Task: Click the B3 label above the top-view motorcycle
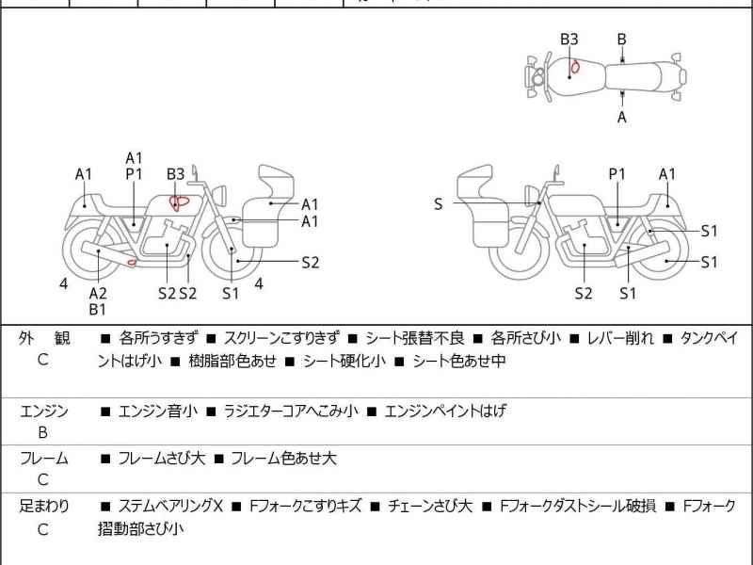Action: (569, 40)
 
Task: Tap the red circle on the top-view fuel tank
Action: (573, 67)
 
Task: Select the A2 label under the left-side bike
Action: (98, 293)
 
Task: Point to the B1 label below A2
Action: (98, 309)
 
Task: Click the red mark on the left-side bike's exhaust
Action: (132, 262)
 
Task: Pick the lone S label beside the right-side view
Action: (438, 203)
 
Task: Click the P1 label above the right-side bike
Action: (617, 174)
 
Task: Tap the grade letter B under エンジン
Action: (42, 433)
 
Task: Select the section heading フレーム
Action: (43, 459)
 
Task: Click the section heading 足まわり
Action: (43, 506)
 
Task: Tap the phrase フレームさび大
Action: (161, 459)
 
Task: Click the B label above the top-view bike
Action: (621, 40)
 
